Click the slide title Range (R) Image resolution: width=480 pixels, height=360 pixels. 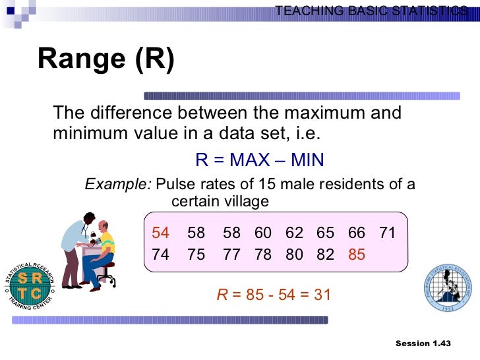106,60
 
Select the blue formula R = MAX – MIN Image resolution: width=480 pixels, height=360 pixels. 259,161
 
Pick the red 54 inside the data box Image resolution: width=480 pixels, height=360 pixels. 161,233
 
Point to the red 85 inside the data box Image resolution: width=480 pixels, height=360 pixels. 357,255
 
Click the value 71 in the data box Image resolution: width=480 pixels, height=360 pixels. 388,233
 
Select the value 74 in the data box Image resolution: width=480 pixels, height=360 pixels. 161,255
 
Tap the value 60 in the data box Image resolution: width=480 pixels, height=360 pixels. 263,233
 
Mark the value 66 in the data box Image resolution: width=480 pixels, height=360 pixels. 357,233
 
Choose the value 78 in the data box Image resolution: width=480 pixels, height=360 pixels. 263,255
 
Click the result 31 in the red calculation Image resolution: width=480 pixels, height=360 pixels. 322,295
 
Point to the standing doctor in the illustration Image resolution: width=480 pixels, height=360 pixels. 76,247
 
